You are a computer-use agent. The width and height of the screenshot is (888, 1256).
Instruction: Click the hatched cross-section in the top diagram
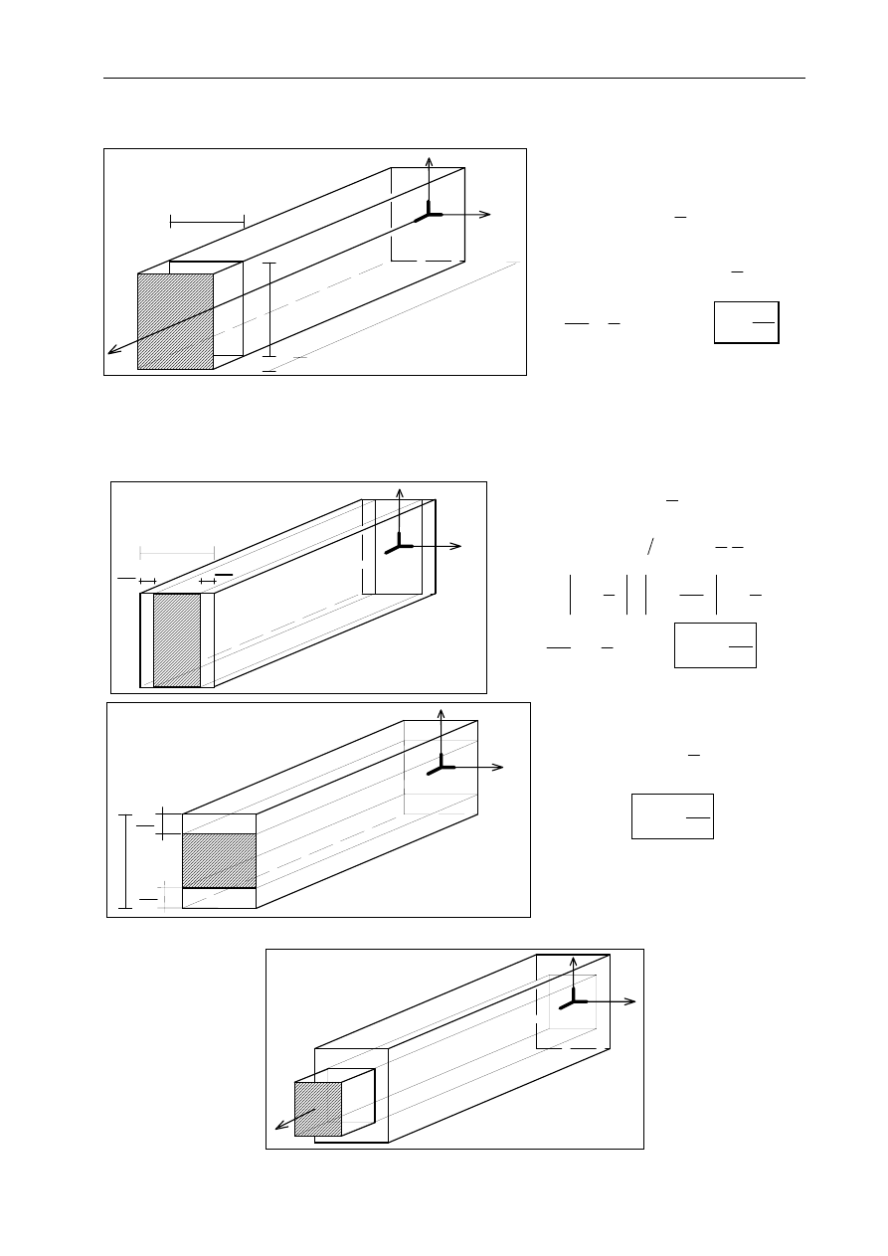click(x=175, y=321)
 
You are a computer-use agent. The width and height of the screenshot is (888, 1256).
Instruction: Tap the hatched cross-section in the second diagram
click(x=177, y=639)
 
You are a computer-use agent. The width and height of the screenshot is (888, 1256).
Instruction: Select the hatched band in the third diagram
click(x=219, y=860)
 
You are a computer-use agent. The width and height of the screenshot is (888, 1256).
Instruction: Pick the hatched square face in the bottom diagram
click(x=318, y=1109)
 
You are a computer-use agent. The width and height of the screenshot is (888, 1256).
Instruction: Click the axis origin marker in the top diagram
click(x=430, y=214)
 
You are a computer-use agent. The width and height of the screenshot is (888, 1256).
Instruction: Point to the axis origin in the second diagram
click(x=401, y=545)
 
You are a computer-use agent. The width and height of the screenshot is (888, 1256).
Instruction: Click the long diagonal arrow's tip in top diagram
click(x=111, y=350)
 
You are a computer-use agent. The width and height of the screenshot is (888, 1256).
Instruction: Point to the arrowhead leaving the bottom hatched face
click(x=279, y=1128)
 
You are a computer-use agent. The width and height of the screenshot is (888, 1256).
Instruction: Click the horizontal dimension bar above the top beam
click(x=207, y=221)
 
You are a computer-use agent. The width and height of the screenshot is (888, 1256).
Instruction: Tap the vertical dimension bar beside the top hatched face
click(x=268, y=308)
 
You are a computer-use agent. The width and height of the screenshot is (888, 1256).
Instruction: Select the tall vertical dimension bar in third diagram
click(x=124, y=861)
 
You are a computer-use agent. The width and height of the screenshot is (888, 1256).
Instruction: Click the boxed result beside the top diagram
click(x=746, y=322)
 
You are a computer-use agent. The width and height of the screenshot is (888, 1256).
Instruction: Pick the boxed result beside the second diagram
click(x=715, y=645)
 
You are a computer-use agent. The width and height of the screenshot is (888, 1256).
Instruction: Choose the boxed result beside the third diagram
click(x=672, y=816)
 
